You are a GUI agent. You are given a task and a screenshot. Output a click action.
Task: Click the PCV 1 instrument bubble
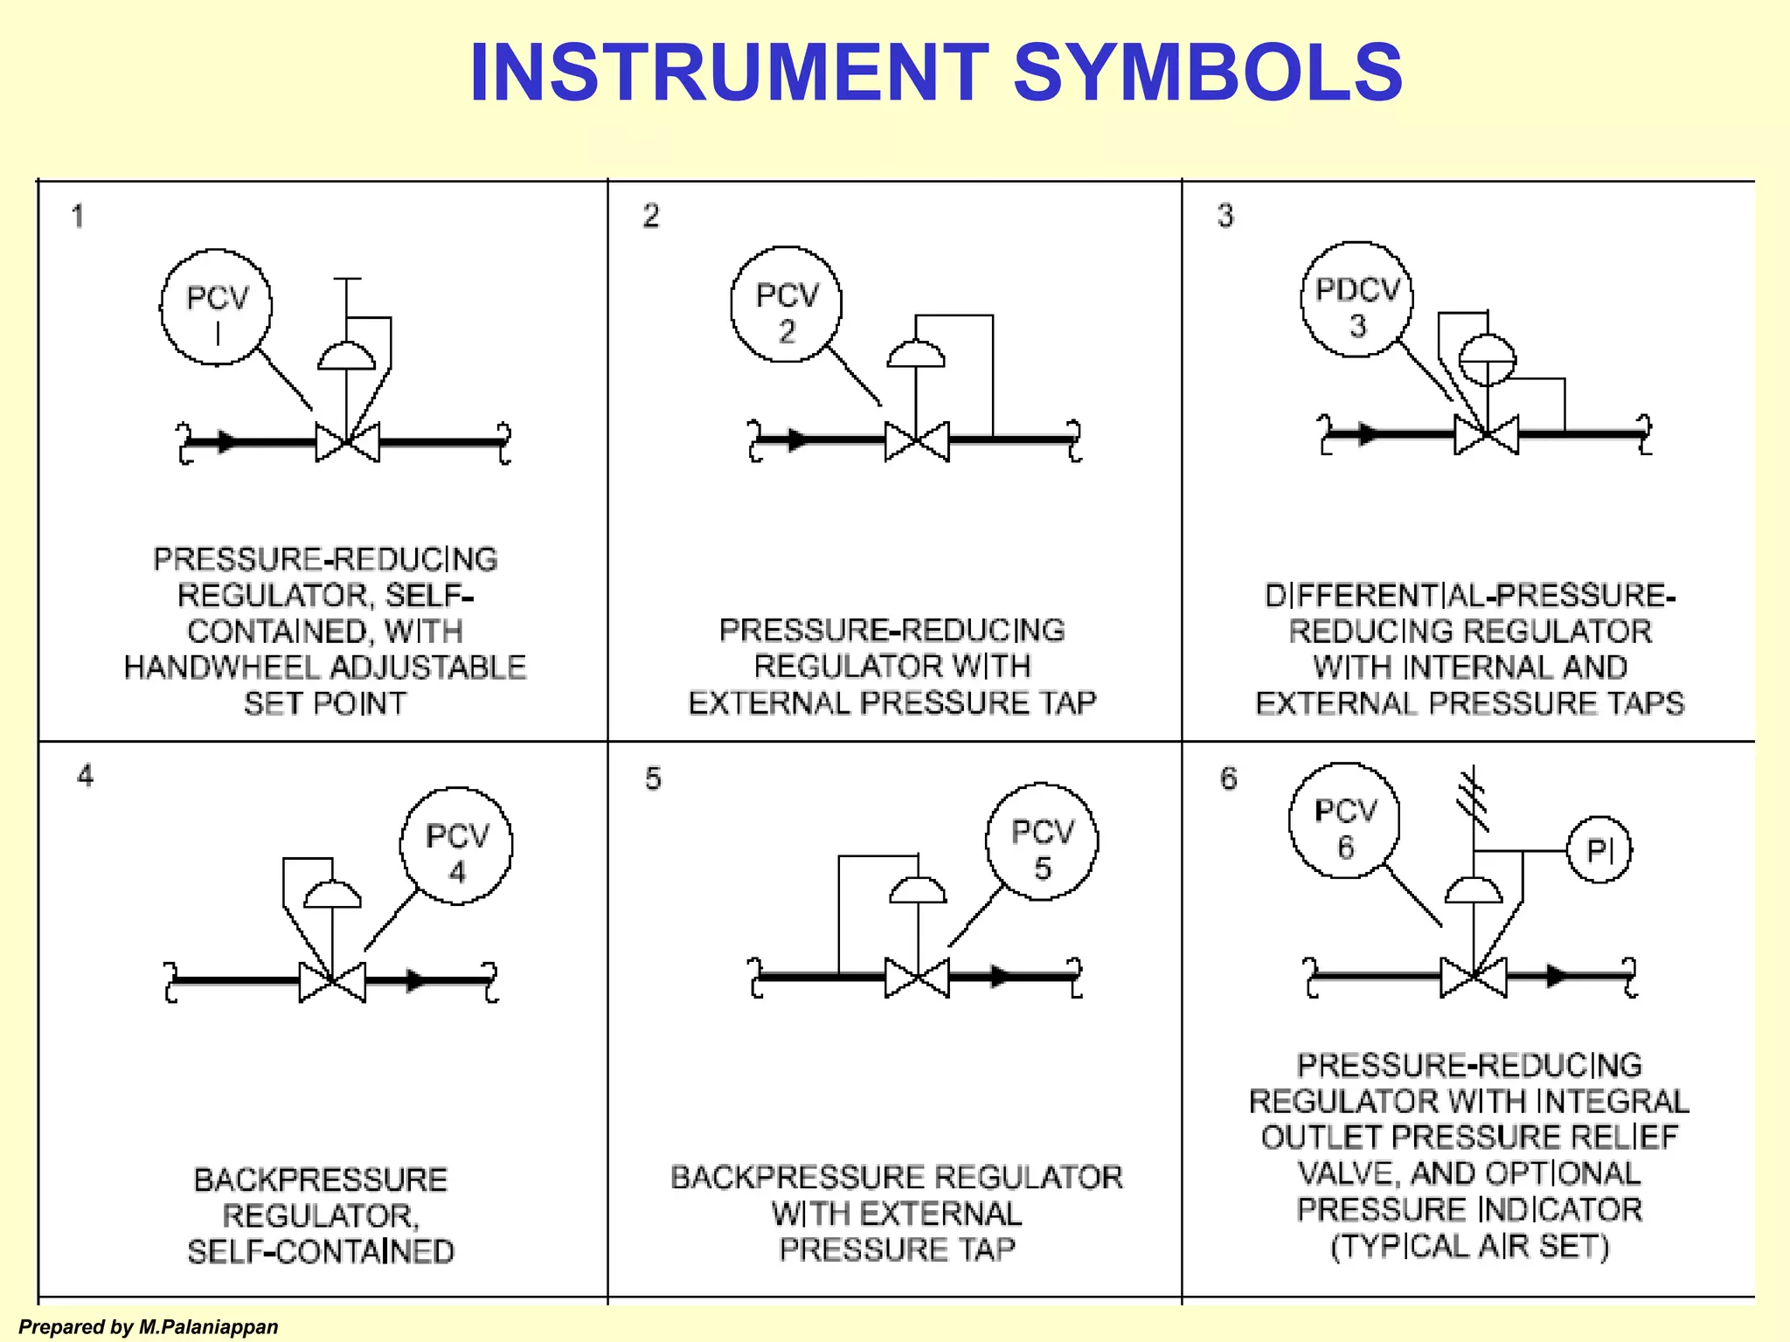216,308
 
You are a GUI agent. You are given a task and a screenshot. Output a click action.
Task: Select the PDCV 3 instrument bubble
1356,300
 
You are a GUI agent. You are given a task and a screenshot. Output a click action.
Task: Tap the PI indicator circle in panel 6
1599,849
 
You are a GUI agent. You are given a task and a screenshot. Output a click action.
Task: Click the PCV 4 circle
456,846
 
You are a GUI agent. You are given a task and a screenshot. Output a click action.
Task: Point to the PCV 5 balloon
1042,841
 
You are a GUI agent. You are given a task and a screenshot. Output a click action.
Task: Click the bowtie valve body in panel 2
916,441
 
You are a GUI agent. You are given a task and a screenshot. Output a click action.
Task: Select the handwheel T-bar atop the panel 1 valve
347,280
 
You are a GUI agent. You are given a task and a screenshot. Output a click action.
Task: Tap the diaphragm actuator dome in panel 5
917,890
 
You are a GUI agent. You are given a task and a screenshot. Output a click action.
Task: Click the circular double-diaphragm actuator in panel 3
1488,359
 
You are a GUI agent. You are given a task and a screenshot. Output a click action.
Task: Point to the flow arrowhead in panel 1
226,441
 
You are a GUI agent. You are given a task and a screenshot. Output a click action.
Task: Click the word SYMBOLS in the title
1207,73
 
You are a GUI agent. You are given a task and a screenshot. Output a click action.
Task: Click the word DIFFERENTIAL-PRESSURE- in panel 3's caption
1469,596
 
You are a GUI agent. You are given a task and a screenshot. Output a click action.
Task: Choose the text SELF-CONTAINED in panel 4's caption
321,1251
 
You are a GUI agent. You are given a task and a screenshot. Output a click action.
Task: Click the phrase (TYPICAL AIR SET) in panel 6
1469,1246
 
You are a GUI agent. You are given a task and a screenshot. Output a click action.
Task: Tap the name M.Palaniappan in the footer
208,1327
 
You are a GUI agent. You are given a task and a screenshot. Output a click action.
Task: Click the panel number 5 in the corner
653,778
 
